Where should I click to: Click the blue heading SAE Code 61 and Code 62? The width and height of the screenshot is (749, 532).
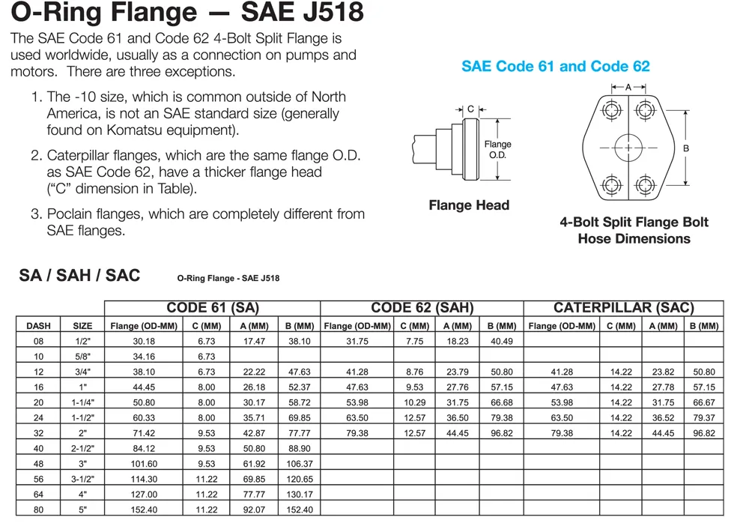click(x=556, y=66)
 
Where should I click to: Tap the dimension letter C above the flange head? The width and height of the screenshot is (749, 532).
click(x=470, y=109)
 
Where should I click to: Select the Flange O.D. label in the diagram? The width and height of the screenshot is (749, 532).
click(x=497, y=149)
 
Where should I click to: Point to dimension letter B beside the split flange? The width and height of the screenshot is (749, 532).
click(x=685, y=148)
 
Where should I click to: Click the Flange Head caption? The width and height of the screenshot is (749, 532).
click(x=469, y=205)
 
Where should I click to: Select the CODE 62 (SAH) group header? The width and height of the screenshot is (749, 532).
click(x=422, y=308)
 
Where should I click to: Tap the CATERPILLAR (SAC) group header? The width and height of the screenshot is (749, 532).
click(x=623, y=308)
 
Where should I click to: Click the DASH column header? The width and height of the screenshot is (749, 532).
click(x=38, y=326)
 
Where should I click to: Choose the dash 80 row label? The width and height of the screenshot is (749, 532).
click(x=38, y=510)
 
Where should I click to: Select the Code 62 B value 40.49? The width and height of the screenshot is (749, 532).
click(x=501, y=342)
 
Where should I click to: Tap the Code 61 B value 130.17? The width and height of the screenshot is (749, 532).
click(x=299, y=495)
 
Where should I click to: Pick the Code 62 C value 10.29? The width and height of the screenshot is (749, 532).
click(x=414, y=402)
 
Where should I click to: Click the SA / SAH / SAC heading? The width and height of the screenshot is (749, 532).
click(x=79, y=275)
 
